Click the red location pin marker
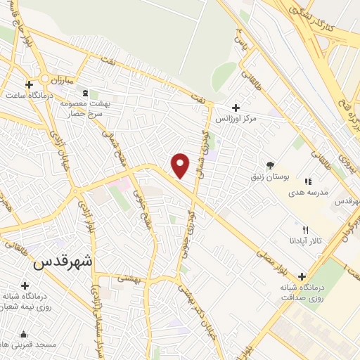tap(181, 166)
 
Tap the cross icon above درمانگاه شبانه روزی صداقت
tap(302, 276)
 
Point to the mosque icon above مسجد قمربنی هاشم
tap(25, 335)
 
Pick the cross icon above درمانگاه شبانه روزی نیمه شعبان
tap(25, 285)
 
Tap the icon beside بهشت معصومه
tap(86, 94)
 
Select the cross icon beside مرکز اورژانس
tap(236, 108)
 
